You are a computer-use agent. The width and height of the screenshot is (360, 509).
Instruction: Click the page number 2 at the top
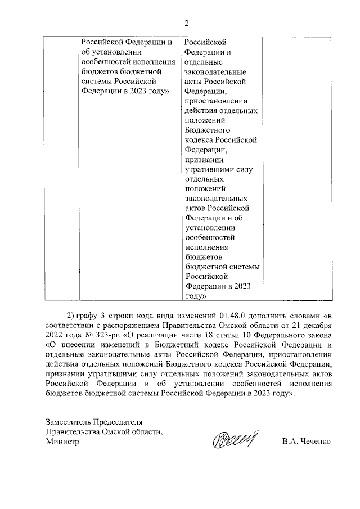click(186, 23)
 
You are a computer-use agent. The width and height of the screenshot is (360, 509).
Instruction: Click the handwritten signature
click(236, 439)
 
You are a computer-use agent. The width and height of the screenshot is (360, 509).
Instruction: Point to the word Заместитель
click(68, 421)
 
